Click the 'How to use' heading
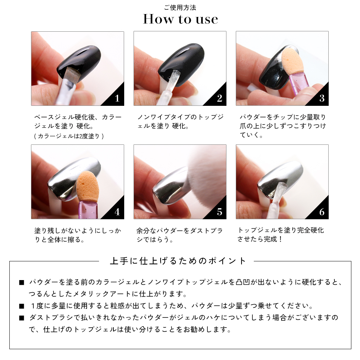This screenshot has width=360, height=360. coord(180,19)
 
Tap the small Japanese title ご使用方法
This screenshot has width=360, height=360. coord(180,8)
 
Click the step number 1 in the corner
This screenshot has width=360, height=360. coord(117,99)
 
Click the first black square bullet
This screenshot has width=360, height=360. coord(22,282)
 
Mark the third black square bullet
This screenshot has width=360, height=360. coord(22,318)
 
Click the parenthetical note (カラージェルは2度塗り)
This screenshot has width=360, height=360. coord(69,136)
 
